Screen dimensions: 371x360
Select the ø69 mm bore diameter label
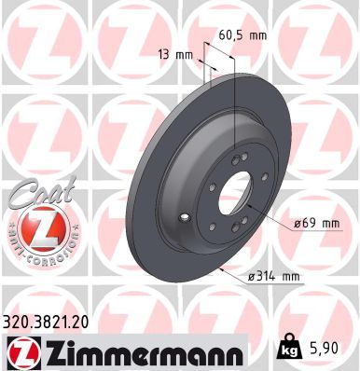pos(310,223)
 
